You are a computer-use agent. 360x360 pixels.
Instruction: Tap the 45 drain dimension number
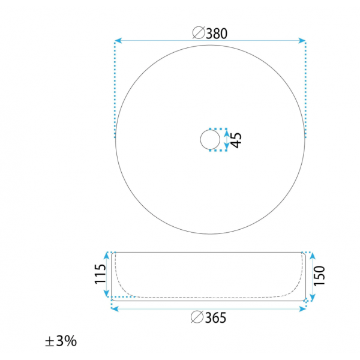[236, 140]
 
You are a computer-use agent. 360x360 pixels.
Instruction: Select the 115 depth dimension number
[100, 274]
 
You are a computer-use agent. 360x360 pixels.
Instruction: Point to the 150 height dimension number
[319, 276]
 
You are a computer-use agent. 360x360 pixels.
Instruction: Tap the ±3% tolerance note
[61, 341]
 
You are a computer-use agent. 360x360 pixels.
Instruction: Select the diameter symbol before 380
[199, 33]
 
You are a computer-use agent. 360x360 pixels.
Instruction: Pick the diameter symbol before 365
[197, 317]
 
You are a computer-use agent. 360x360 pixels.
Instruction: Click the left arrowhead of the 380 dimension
[118, 41]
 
